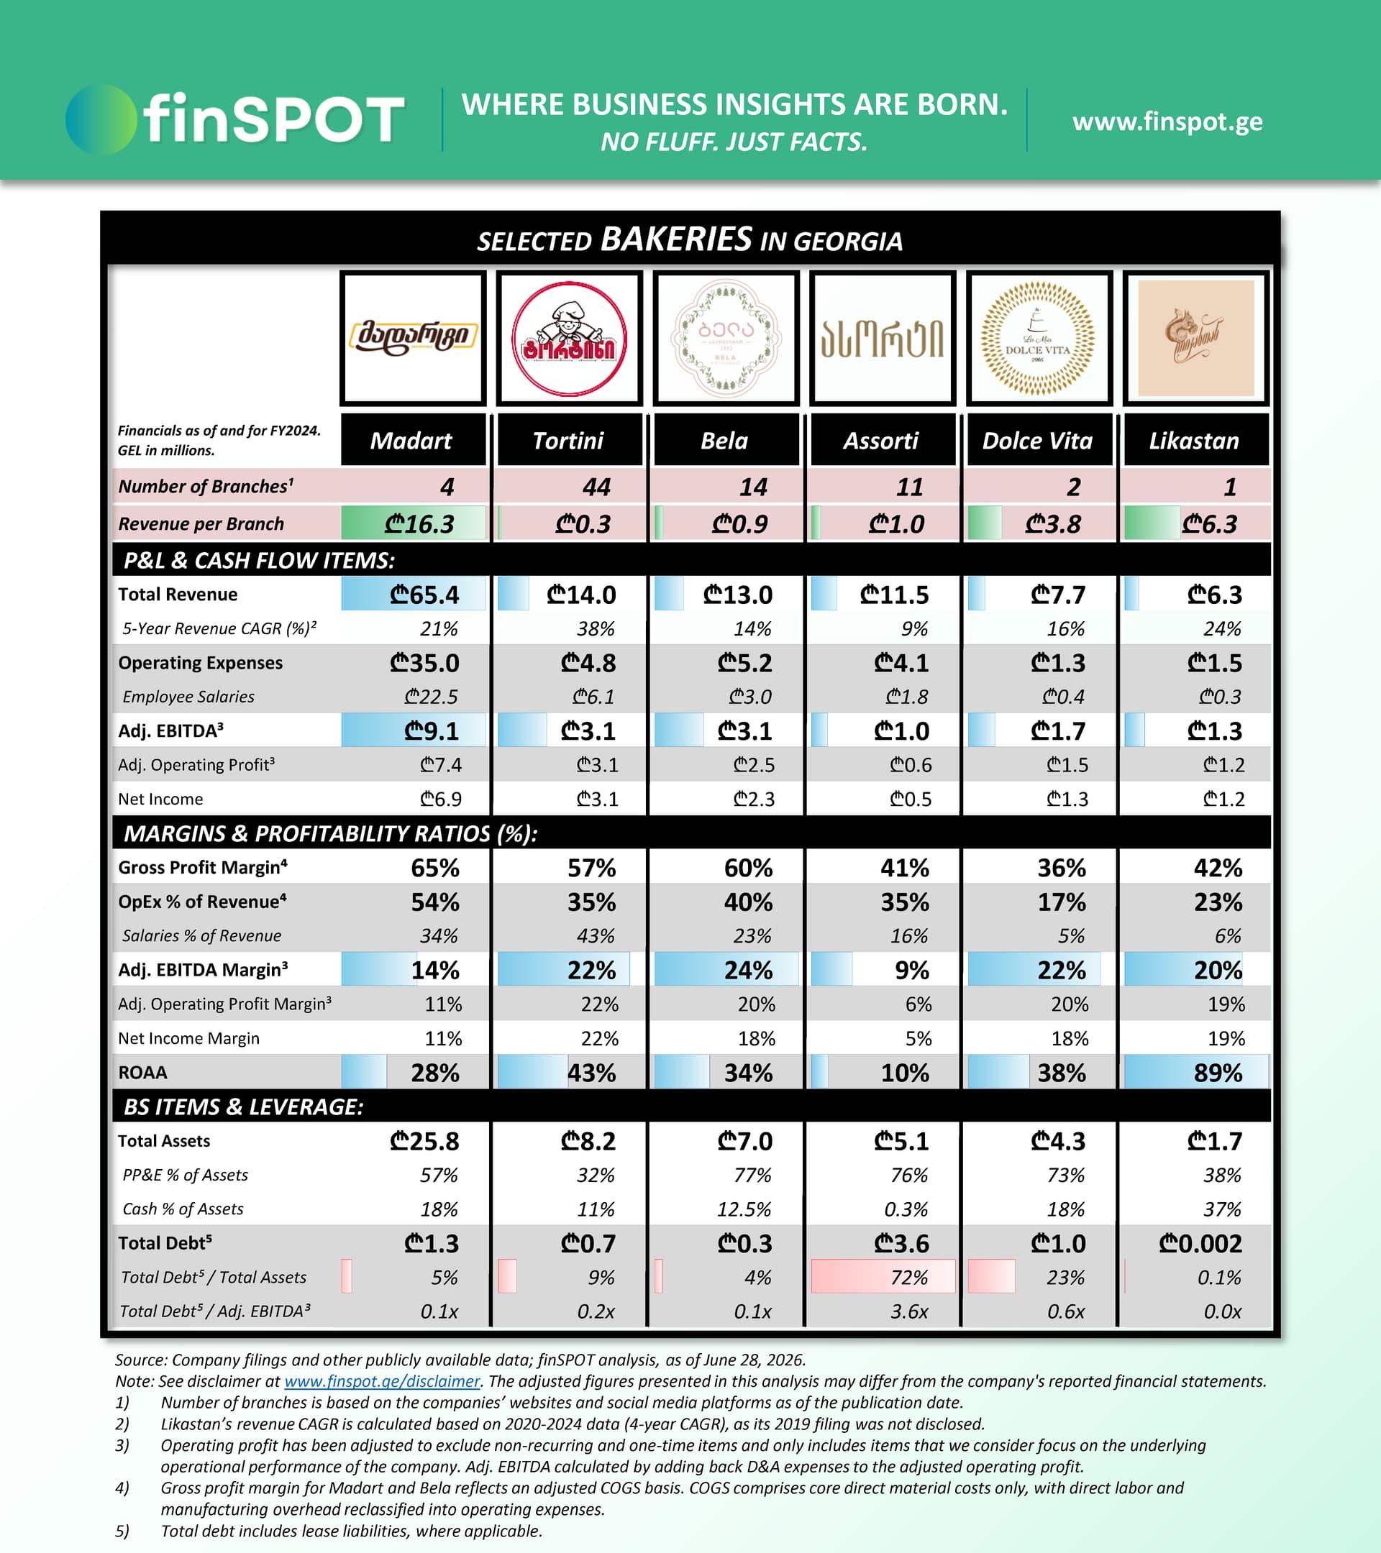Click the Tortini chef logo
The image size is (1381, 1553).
point(569,339)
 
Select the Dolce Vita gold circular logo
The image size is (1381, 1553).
point(1037,339)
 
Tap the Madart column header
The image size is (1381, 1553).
point(411,440)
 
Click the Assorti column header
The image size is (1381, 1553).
point(881,440)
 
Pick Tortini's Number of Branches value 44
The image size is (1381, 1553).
point(596,486)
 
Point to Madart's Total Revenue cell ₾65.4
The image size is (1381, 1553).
point(424,594)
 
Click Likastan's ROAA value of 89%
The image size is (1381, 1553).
point(1218,1072)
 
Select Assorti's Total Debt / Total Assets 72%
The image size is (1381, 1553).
point(909,1277)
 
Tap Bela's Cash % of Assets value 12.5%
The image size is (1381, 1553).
point(744,1209)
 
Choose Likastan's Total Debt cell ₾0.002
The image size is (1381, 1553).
point(1200,1243)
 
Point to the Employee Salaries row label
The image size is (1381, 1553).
point(188,697)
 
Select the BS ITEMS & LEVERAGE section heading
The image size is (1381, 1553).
point(243,1107)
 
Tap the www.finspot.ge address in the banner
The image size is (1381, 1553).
point(1167,122)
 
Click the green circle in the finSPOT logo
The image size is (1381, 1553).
point(101,119)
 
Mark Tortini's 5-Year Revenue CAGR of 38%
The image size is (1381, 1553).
point(595,628)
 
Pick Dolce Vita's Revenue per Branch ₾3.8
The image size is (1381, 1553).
point(1053,523)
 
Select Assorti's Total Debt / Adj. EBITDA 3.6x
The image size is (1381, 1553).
point(909,1311)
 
